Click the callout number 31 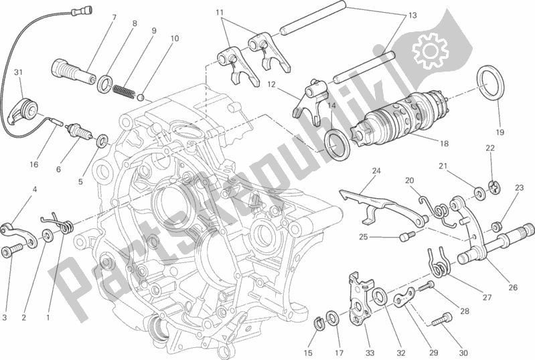(18, 73)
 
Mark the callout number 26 (513, 288)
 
